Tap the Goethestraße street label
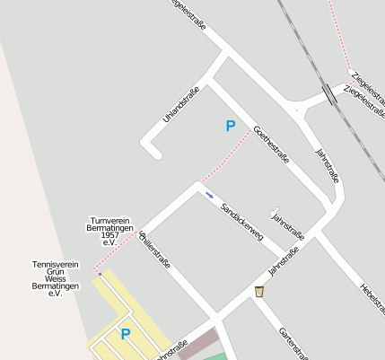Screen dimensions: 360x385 271,144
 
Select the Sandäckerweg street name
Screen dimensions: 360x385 241,220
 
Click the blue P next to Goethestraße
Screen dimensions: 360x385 231,127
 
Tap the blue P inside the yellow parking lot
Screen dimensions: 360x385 126,335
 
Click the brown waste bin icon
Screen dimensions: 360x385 259,291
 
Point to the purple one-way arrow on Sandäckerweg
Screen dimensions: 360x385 209,194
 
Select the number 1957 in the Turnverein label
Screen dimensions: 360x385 110,235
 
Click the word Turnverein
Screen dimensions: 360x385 110,220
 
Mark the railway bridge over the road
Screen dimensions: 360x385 331,92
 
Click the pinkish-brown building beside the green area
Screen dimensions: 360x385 197,344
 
